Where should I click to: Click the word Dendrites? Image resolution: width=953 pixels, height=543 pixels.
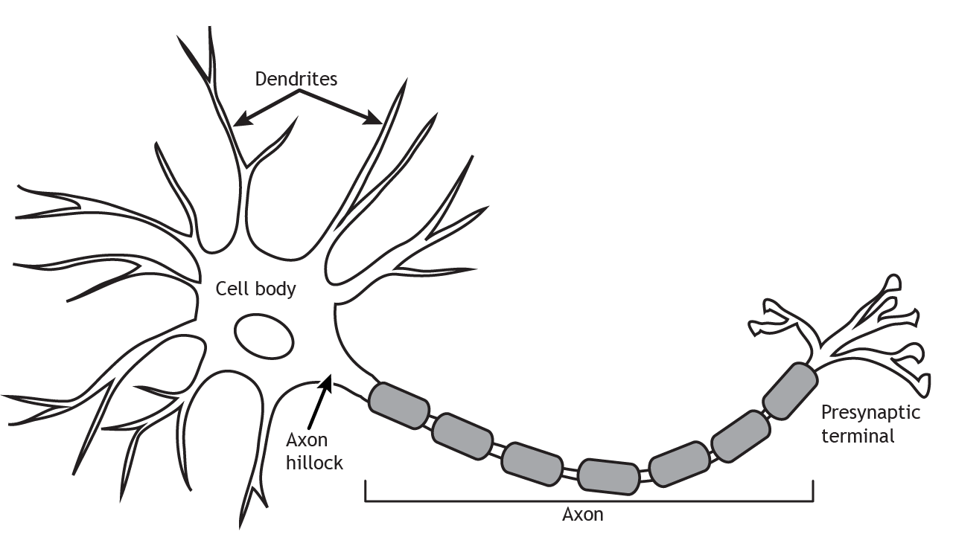point(296,79)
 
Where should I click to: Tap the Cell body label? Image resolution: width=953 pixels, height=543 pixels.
point(255,289)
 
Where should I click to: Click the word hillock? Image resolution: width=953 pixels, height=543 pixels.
point(315,463)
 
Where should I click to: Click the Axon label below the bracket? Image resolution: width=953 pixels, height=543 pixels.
point(582,514)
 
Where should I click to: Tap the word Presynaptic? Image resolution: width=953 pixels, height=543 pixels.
point(870,413)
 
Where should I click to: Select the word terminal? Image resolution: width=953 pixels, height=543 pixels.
point(858,436)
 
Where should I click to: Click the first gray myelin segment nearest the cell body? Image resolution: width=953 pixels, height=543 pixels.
point(399,405)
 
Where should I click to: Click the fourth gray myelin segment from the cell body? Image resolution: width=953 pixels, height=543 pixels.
point(608,476)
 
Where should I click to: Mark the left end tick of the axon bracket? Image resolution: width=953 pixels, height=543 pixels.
point(366,490)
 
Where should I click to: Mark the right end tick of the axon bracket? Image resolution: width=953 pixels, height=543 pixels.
point(812,490)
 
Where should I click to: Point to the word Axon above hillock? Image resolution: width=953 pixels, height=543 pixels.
point(307,440)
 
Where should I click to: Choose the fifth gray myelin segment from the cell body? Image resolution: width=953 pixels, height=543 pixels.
point(678,465)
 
